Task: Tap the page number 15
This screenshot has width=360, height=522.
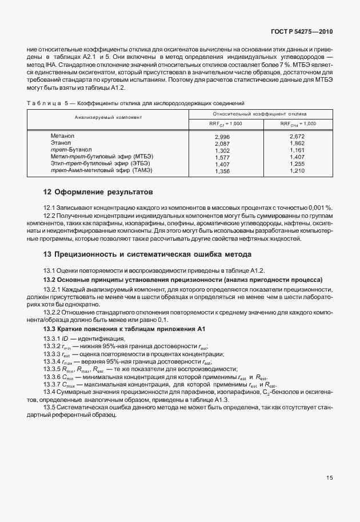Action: click(x=330, y=476)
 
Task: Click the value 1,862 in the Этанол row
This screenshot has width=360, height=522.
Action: click(x=298, y=144)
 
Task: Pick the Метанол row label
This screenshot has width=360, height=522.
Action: click(x=63, y=136)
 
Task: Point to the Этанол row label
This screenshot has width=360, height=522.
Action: click(x=61, y=143)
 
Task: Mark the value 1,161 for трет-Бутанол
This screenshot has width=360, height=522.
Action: click(x=298, y=150)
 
